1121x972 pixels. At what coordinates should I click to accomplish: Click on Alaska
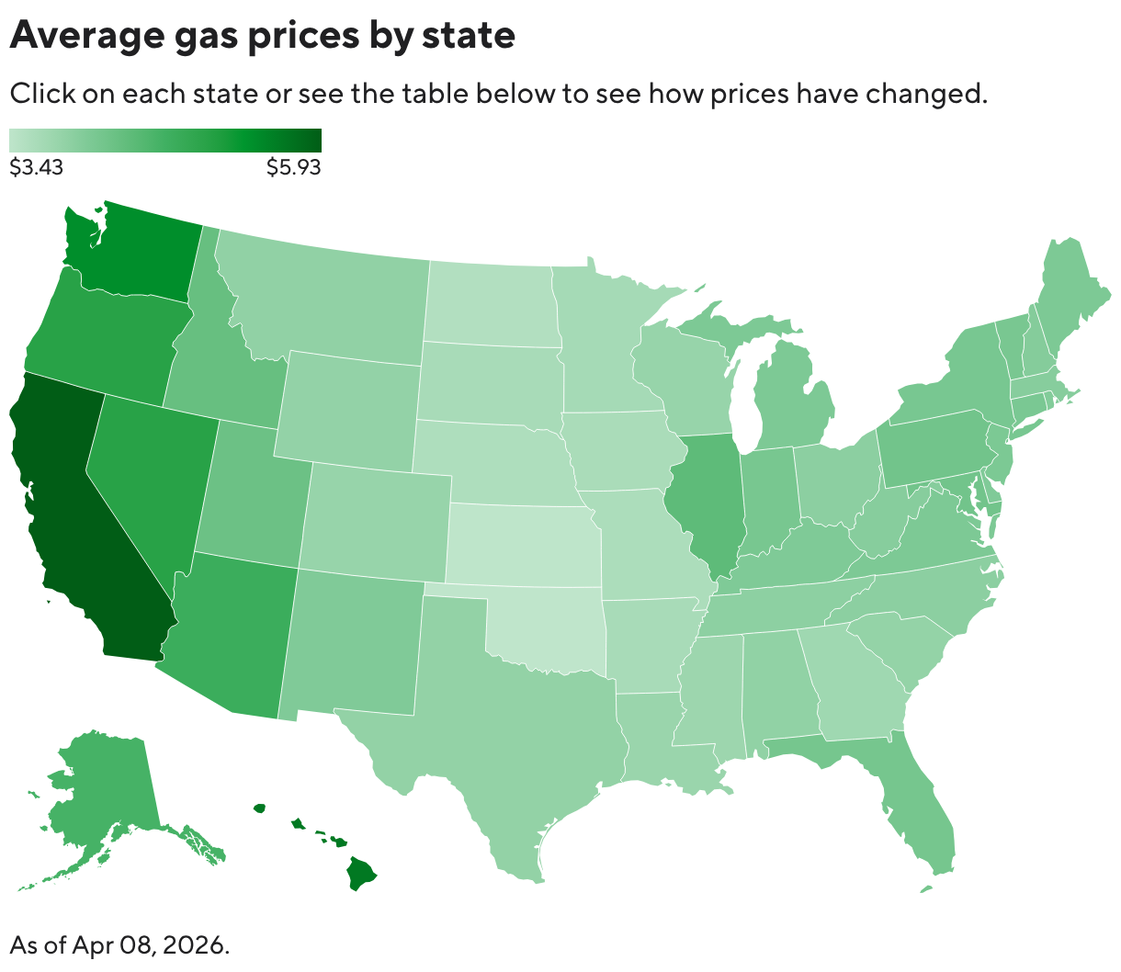coord(101,790)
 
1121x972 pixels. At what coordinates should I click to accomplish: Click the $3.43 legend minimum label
coord(36,167)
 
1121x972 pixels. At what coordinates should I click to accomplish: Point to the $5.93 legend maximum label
coord(293,167)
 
